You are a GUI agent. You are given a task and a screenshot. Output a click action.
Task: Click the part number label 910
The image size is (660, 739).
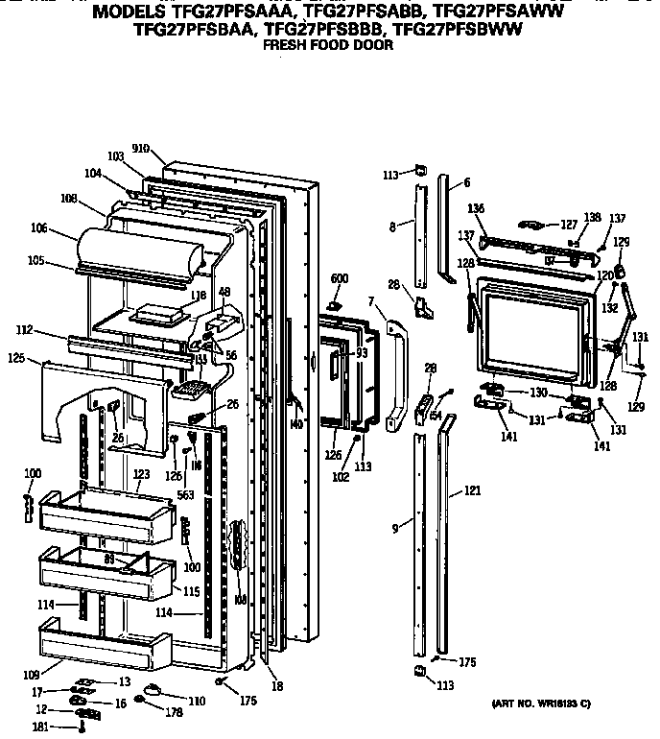pyautogui.click(x=140, y=149)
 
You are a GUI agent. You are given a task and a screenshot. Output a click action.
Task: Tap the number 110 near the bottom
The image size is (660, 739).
pyautogui.click(x=196, y=702)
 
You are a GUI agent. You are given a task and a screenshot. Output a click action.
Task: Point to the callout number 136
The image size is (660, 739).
pyautogui.click(x=476, y=208)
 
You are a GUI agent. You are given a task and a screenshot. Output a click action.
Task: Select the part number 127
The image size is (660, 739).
pyautogui.click(x=569, y=224)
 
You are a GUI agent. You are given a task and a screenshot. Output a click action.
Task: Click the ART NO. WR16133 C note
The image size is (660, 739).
pyautogui.click(x=539, y=705)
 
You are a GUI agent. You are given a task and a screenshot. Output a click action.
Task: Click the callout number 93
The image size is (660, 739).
pyautogui.click(x=363, y=353)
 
